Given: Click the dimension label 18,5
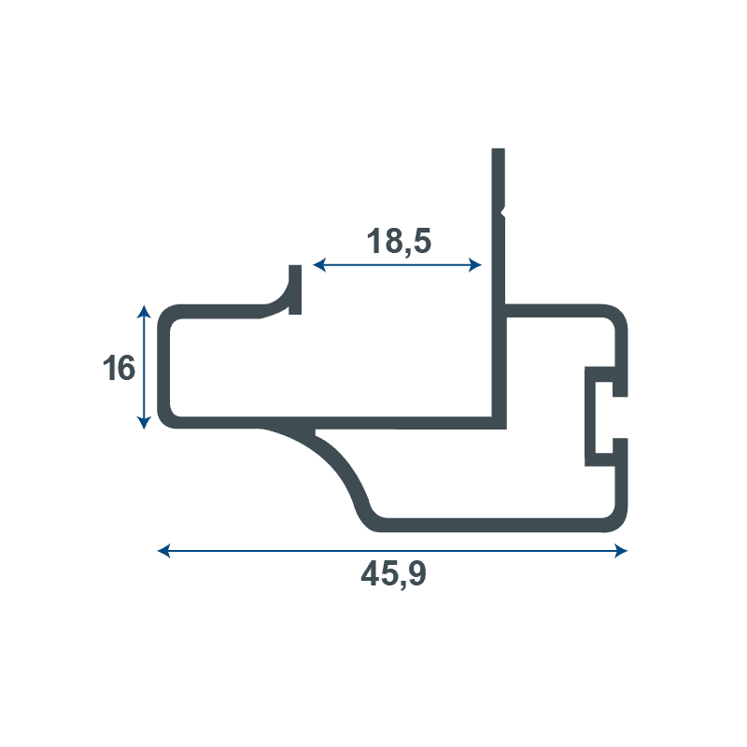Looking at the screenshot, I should point(399,241).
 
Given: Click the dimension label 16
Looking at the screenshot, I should point(119,368).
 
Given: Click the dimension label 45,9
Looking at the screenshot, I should point(393,575).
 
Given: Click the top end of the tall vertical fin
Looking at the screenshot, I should point(498,151).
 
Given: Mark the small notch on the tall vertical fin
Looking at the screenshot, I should point(502,211).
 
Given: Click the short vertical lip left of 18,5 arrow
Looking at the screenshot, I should point(295,289).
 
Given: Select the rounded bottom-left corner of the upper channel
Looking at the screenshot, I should point(169,417).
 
